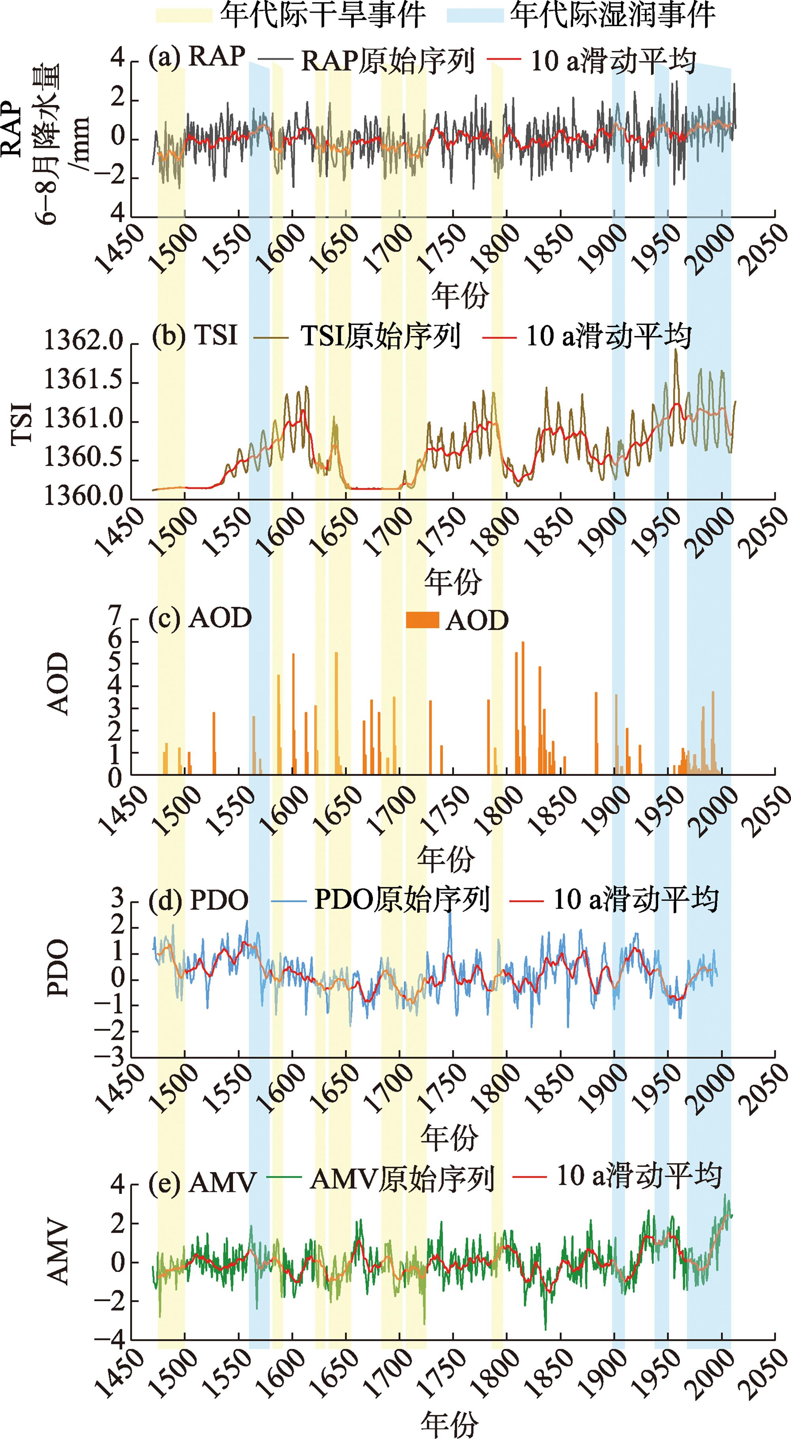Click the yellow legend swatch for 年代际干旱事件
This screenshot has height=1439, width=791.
tap(184, 15)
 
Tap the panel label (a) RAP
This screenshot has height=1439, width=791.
tap(197, 57)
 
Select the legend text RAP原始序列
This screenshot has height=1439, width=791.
tap(388, 61)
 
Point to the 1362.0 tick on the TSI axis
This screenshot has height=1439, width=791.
tap(84, 342)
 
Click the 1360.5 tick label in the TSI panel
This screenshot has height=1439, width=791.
tap(84, 460)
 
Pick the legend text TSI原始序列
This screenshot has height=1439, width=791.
tap(380, 337)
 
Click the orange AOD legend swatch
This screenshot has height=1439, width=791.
tap(422, 620)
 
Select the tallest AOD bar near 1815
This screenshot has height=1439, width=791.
tap(523, 707)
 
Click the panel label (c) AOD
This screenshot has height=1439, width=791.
tap(200, 618)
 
